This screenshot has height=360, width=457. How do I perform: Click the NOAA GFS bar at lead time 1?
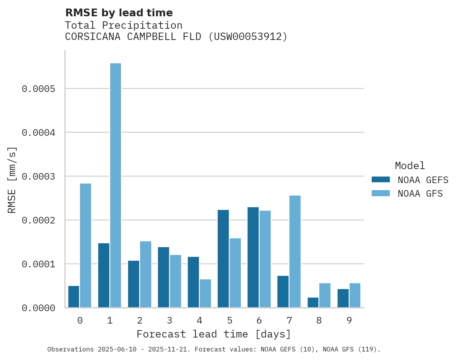tap(116, 185)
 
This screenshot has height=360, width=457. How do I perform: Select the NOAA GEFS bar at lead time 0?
tap(74, 297)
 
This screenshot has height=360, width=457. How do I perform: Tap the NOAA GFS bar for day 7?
tap(295, 251)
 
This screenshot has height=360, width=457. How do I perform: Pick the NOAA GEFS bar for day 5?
tap(223, 259)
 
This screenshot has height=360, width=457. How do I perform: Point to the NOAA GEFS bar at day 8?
tap(313, 303)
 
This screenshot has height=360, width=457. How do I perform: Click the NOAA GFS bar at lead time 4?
tap(205, 293)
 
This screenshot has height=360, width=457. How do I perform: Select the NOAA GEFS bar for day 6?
tap(253, 257)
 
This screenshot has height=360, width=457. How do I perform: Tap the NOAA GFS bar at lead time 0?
tap(86, 246)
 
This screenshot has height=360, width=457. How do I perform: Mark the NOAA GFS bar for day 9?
tap(355, 295)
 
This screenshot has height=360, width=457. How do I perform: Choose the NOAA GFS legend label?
tap(420, 193)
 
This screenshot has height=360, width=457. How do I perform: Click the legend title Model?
tap(410, 166)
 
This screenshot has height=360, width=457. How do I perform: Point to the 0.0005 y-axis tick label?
tap(38, 89)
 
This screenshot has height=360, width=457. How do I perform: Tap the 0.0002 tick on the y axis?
tap(38, 220)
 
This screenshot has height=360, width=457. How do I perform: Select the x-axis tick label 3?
tap(170, 320)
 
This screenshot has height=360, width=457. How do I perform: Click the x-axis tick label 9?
tap(349, 320)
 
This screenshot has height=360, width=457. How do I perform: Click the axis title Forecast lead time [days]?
tap(214, 334)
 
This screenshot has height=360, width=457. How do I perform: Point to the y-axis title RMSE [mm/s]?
tap(12, 180)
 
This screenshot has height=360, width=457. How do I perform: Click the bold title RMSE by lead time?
tap(119, 13)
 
